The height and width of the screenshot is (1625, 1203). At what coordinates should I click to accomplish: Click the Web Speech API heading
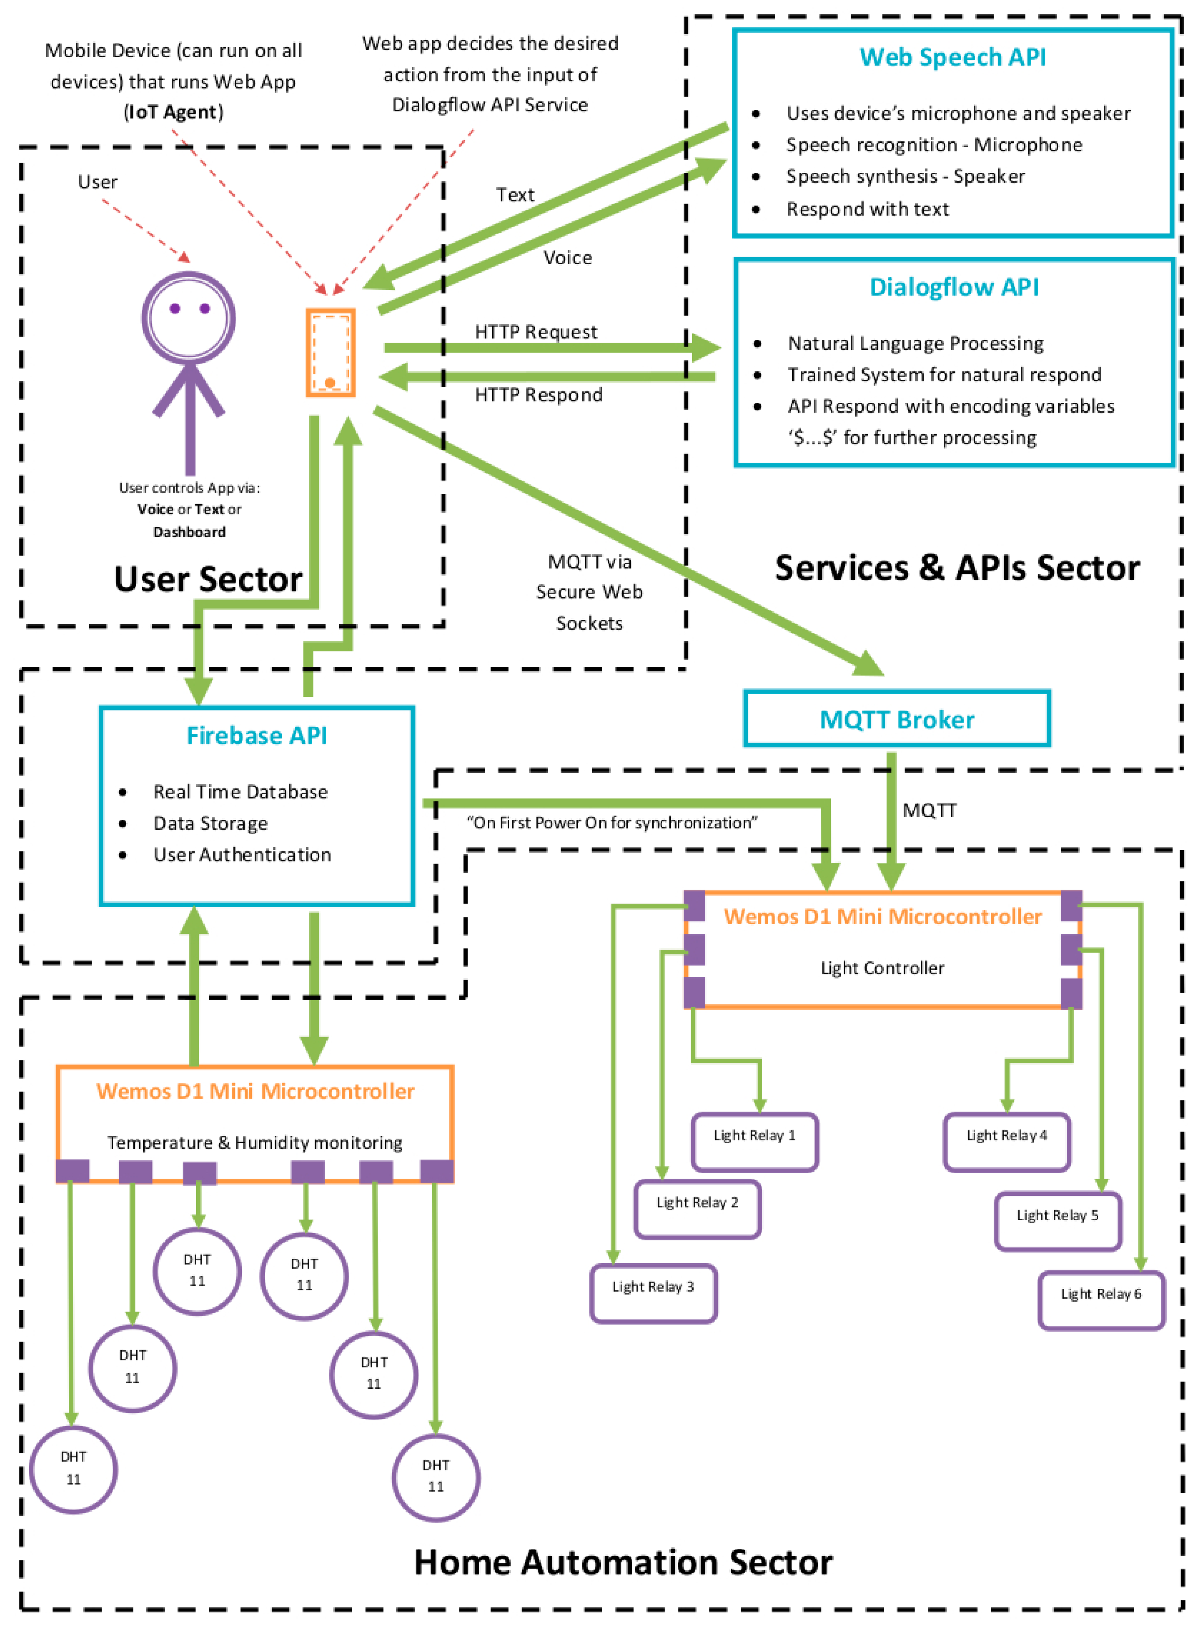(x=953, y=57)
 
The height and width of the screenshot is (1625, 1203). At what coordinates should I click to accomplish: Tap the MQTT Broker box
(x=897, y=719)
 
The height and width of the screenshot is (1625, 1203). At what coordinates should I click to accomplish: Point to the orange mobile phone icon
(x=331, y=352)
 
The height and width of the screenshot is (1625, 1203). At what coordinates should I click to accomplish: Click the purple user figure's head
(x=188, y=318)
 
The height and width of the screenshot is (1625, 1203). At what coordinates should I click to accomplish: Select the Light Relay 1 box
(x=755, y=1142)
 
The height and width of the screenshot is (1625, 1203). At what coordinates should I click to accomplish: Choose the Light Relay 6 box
(x=1101, y=1300)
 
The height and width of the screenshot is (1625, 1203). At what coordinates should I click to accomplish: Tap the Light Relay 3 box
(x=653, y=1293)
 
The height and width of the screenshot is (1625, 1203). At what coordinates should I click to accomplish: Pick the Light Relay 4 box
(x=1006, y=1142)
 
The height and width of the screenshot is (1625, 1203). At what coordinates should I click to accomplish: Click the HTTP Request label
(x=536, y=332)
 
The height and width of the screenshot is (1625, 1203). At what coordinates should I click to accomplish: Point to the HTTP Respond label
(x=539, y=395)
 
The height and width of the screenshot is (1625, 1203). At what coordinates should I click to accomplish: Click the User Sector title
(x=208, y=579)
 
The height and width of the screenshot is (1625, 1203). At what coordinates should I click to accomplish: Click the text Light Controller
(x=883, y=968)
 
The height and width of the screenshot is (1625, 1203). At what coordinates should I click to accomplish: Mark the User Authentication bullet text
(x=242, y=855)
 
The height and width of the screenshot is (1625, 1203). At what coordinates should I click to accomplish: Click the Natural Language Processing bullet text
(x=915, y=344)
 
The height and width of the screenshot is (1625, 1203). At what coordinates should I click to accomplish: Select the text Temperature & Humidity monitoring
(x=255, y=1142)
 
